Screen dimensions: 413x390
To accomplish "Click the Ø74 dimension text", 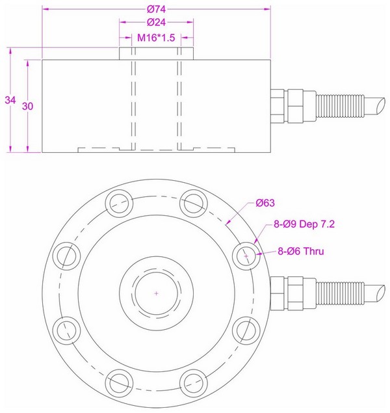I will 155,9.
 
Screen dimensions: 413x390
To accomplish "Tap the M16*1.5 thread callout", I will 156,38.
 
